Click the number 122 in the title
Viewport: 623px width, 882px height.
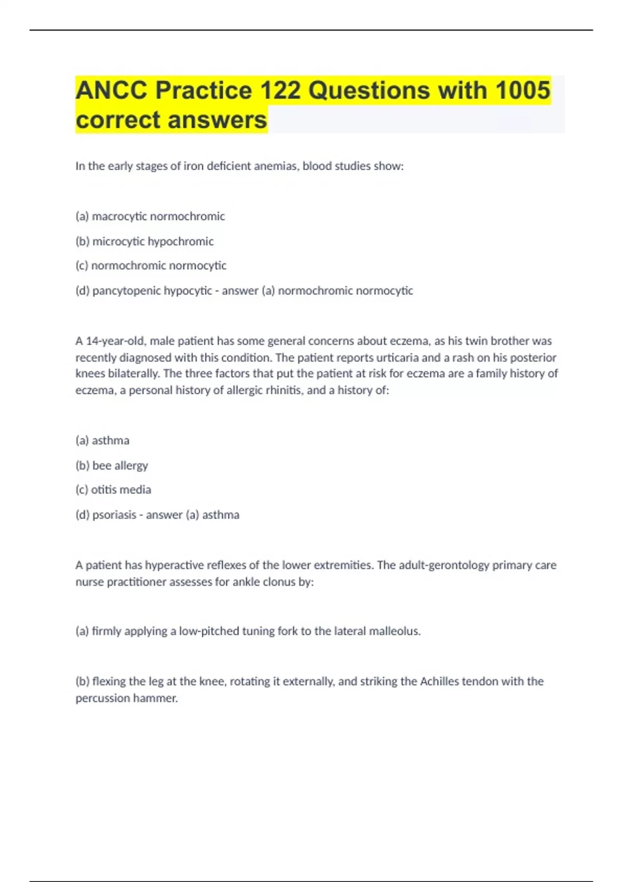click(280, 90)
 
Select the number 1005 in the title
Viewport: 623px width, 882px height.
click(522, 90)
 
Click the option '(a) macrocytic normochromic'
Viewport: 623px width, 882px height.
click(150, 216)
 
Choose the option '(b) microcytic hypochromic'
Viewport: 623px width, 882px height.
click(144, 241)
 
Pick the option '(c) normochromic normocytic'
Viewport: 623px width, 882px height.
click(151, 266)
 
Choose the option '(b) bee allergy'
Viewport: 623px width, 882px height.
click(112, 465)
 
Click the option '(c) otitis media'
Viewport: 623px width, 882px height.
click(113, 490)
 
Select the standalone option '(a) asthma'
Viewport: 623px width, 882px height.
click(102, 440)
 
